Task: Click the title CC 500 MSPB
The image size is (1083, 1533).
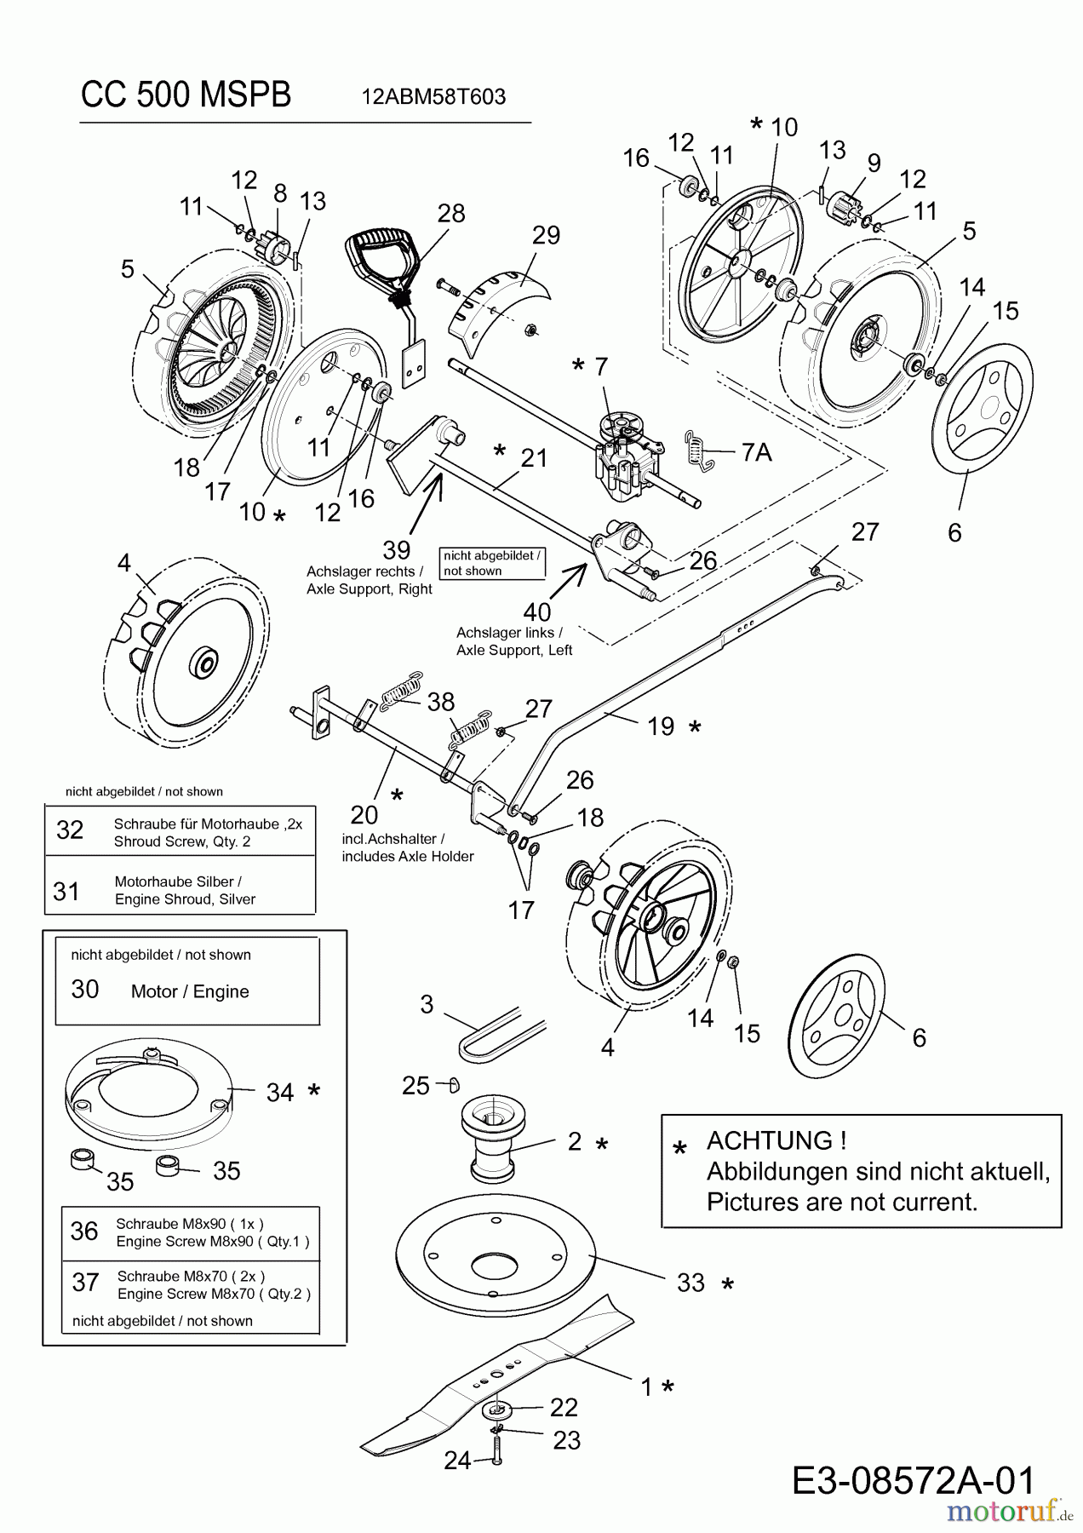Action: click(186, 95)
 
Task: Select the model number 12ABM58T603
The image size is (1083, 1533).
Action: click(433, 97)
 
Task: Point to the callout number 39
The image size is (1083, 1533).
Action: click(397, 549)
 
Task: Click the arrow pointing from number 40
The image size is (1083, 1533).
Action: click(567, 580)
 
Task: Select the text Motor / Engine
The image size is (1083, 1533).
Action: click(190, 991)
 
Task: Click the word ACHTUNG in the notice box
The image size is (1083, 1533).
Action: click(776, 1140)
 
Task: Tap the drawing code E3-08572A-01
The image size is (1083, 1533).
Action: click(914, 1480)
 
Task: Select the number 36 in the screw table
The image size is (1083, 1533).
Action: click(84, 1231)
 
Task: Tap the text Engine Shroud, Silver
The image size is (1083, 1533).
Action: click(185, 899)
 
